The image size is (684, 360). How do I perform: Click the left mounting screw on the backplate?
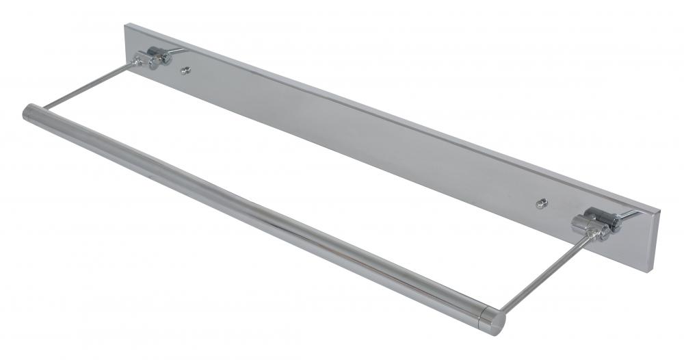[x=185, y=70]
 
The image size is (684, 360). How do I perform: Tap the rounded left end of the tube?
[x=29, y=113]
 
